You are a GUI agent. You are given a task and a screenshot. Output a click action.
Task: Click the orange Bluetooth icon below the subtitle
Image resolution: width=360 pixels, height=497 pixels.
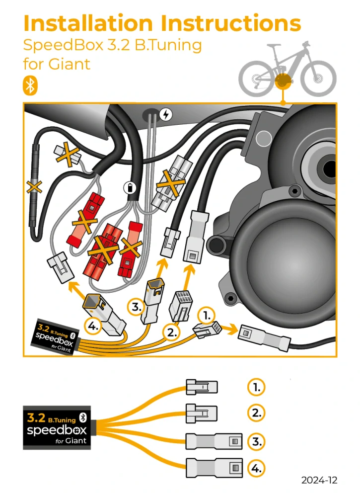30,85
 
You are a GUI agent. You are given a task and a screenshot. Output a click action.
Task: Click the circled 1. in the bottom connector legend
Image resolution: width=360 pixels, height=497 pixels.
256,387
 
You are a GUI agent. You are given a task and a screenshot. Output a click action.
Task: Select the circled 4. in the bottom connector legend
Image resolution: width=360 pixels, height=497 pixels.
256,468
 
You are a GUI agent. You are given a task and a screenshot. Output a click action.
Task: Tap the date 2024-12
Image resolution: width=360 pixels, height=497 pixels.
319,480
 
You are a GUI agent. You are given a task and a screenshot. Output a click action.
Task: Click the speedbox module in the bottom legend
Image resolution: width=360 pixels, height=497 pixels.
56,427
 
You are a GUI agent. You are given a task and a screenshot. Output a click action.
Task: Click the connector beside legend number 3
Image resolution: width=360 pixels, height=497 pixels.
214,441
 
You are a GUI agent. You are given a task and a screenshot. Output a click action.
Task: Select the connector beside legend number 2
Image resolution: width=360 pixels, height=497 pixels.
202,412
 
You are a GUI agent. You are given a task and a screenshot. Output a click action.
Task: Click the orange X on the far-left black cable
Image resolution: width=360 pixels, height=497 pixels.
34,187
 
